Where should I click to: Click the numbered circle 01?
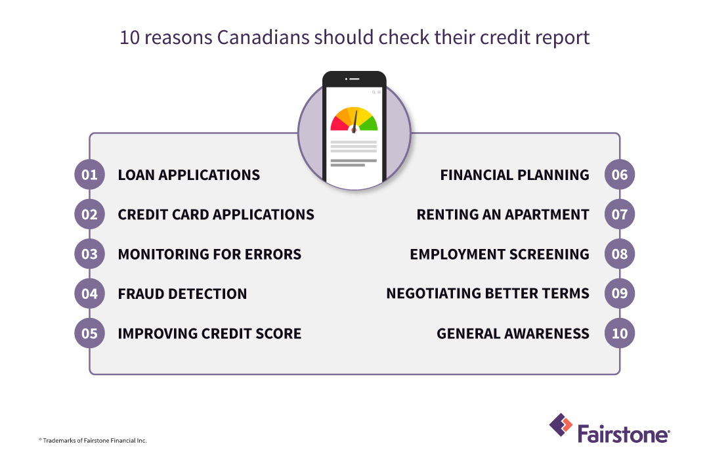tap(89, 175)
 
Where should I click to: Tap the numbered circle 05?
tap(89, 333)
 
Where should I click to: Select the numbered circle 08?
tap(619, 254)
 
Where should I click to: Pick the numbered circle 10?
tap(619, 333)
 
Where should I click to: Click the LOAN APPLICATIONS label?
tap(188, 175)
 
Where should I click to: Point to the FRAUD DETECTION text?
tap(182, 294)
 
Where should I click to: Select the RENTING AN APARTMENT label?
tap(502, 215)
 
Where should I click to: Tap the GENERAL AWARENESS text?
tap(513, 334)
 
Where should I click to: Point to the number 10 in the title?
tap(129, 37)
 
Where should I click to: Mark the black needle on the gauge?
tap(355, 121)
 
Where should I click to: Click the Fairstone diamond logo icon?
tap(560, 425)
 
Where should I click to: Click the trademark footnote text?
tap(93, 440)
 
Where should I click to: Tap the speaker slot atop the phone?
tap(354, 79)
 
